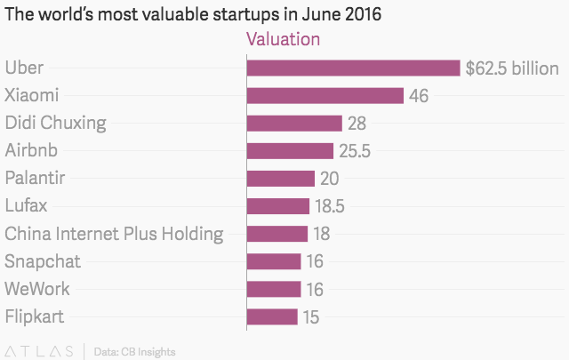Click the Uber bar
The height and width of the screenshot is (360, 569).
(353, 68)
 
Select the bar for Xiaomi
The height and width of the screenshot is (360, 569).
(325, 95)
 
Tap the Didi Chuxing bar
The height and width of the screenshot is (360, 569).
(294, 123)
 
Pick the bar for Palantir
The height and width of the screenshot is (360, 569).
(280, 178)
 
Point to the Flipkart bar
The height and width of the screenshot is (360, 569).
(272, 316)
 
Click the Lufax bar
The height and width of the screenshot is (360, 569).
(277, 206)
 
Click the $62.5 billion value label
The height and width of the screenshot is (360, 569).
(512, 68)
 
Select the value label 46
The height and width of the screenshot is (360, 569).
(419, 95)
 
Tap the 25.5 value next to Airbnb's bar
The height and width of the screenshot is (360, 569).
(354, 151)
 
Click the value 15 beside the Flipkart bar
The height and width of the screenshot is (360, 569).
(310, 316)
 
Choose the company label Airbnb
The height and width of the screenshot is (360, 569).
(32, 150)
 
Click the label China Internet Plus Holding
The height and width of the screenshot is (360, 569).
(114, 234)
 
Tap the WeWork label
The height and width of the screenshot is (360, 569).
(37, 289)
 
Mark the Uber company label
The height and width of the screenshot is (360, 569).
(24, 68)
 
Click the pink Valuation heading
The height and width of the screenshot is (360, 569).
(283, 39)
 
